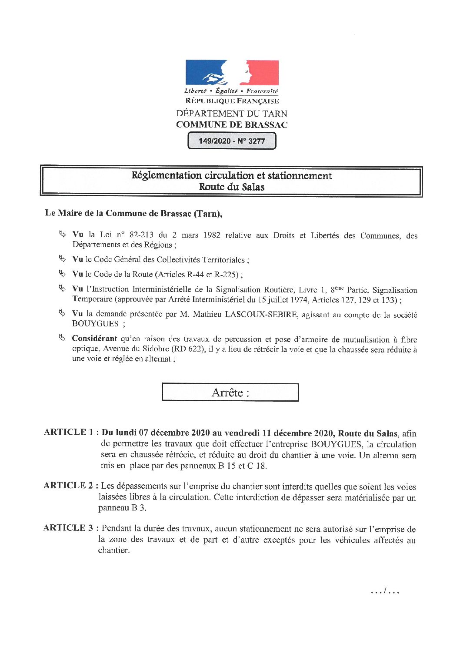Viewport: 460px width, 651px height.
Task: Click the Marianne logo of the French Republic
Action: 232,73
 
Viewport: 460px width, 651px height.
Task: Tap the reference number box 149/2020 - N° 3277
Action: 232,141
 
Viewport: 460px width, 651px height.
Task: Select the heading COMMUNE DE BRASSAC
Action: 232,125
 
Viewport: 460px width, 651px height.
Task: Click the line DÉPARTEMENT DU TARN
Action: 232,114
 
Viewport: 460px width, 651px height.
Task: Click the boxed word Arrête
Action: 230,393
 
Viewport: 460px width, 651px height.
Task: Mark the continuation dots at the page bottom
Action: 385,591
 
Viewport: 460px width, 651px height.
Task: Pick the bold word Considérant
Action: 94,339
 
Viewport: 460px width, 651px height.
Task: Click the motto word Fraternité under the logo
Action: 262,91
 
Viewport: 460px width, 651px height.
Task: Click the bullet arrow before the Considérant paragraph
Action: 62,338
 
